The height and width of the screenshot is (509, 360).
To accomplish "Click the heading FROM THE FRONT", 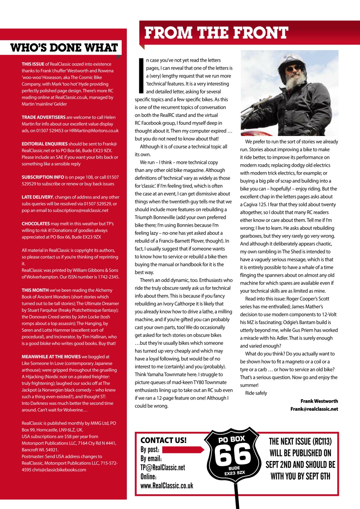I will point(216,33).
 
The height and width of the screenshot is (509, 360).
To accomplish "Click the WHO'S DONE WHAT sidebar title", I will point(64,48).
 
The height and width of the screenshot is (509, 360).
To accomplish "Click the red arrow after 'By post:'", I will point(183,450).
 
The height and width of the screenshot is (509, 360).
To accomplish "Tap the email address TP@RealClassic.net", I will point(163,468).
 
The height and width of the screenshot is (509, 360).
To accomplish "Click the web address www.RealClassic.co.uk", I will point(167,486).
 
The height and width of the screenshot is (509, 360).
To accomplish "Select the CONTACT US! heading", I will point(163,440).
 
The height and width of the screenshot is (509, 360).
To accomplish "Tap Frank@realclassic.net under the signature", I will point(314,409).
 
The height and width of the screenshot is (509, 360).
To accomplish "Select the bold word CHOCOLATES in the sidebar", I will point(36,224).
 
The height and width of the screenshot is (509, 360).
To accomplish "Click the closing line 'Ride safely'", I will point(256,393).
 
